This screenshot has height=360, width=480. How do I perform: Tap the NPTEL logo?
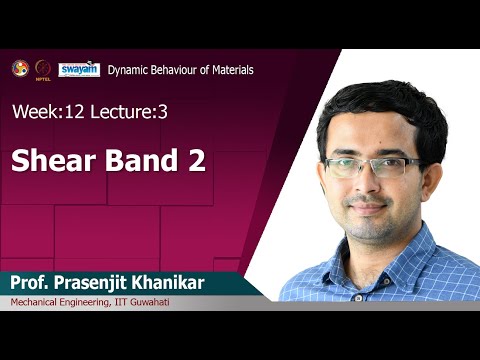pyautogui.click(x=43, y=68)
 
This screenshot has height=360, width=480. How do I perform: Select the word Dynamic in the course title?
pyautogui.click(x=128, y=70)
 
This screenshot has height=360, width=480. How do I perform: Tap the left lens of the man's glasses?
pyautogui.click(x=349, y=165)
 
